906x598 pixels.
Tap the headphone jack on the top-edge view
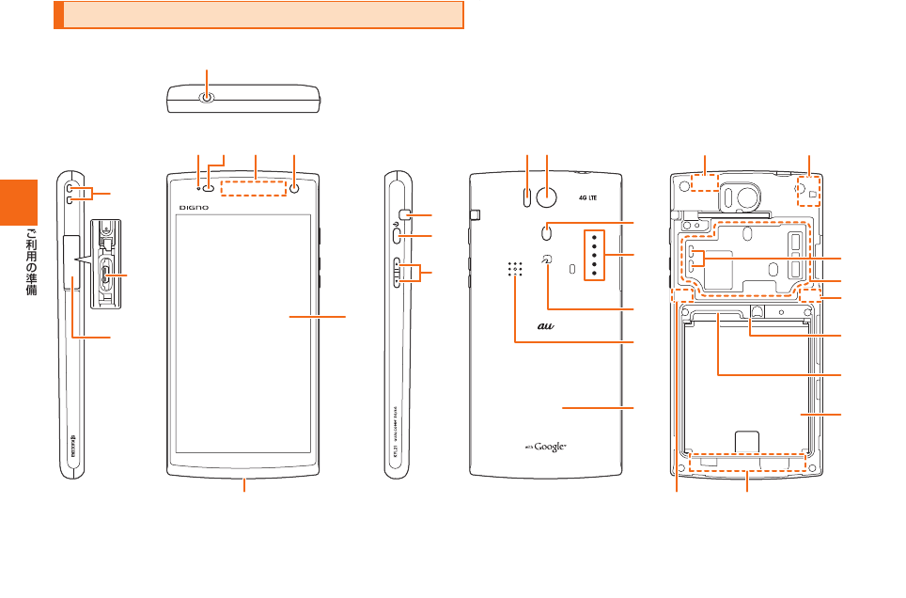pos(208,97)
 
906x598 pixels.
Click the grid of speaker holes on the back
pos(515,269)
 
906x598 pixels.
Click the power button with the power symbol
pos(399,236)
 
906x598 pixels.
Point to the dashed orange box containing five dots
pos(594,255)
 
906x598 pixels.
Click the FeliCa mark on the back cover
pos(547,260)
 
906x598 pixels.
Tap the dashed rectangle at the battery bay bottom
pos(747,464)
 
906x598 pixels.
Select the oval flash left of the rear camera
pos(527,197)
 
